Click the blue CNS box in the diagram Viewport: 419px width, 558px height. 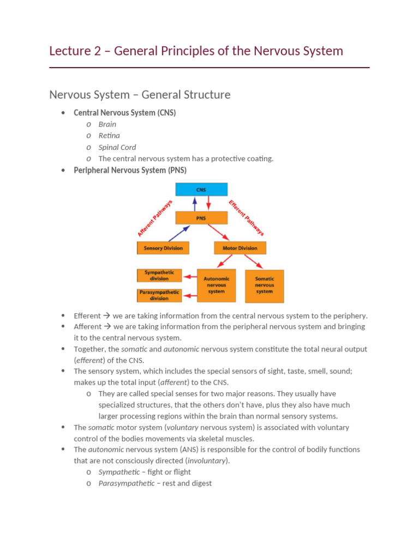coord(201,189)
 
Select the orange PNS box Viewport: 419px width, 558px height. coord(201,219)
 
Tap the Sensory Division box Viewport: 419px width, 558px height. coord(163,248)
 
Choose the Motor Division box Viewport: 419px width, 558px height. coord(240,248)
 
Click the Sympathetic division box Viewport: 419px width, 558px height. coord(159,275)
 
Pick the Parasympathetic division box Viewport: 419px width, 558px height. coord(159,295)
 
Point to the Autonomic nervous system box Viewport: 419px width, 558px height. coord(216,285)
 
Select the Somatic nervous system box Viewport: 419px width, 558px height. coord(265,285)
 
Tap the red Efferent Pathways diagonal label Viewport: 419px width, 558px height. coord(247,218)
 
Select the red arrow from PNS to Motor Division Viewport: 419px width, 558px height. coord(219,233)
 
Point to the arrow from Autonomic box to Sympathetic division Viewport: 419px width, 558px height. coord(189,276)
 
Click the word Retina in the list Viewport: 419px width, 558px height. coord(109,136)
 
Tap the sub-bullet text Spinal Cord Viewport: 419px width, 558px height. coord(117,147)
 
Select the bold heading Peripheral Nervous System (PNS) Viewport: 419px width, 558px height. coord(130,170)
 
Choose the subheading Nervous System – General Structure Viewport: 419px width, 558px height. coord(140,95)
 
